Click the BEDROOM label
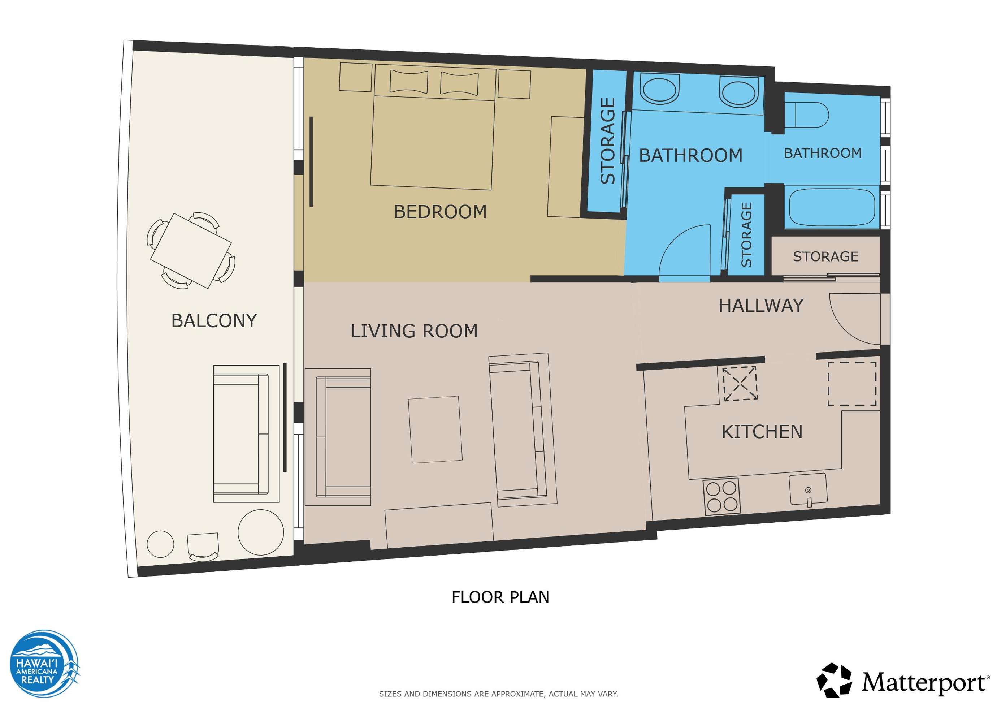(440, 212)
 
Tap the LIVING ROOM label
(414, 331)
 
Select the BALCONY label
(214, 321)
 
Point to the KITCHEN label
(762, 432)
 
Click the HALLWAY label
(761, 305)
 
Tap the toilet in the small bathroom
(807, 115)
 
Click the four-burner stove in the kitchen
(722, 496)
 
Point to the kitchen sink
(808, 489)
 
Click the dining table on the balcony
(191, 251)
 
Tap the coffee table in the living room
(435, 429)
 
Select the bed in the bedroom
(433, 127)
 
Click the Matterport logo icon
(835, 681)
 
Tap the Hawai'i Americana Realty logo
(44, 664)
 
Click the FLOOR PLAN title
(500, 597)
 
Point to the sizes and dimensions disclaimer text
(499, 694)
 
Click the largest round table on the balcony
(261, 532)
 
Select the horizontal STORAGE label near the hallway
(826, 256)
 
